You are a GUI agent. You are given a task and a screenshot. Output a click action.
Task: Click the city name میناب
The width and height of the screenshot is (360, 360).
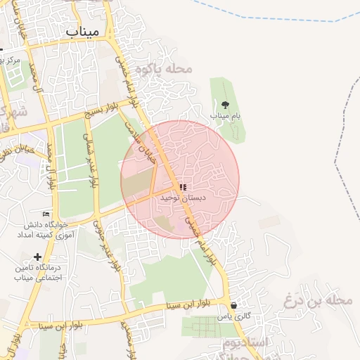(83, 32)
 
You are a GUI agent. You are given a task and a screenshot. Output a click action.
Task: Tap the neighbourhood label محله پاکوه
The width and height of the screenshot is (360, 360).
(170, 69)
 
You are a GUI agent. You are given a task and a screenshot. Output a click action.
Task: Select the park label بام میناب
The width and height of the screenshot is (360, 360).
(225, 115)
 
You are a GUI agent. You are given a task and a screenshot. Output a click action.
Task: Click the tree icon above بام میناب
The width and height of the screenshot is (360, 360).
(224, 104)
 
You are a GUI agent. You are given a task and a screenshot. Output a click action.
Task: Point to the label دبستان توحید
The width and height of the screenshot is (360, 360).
(184, 198)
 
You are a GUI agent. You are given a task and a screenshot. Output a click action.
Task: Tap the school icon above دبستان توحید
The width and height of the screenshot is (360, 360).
(183, 188)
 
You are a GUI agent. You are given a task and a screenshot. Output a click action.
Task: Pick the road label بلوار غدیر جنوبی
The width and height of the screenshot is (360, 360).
(113, 247)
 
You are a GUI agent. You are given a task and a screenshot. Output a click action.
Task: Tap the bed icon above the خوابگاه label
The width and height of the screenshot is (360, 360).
(46, 214)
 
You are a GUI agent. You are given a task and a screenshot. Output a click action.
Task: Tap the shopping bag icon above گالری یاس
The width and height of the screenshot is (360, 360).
(234, 306)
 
